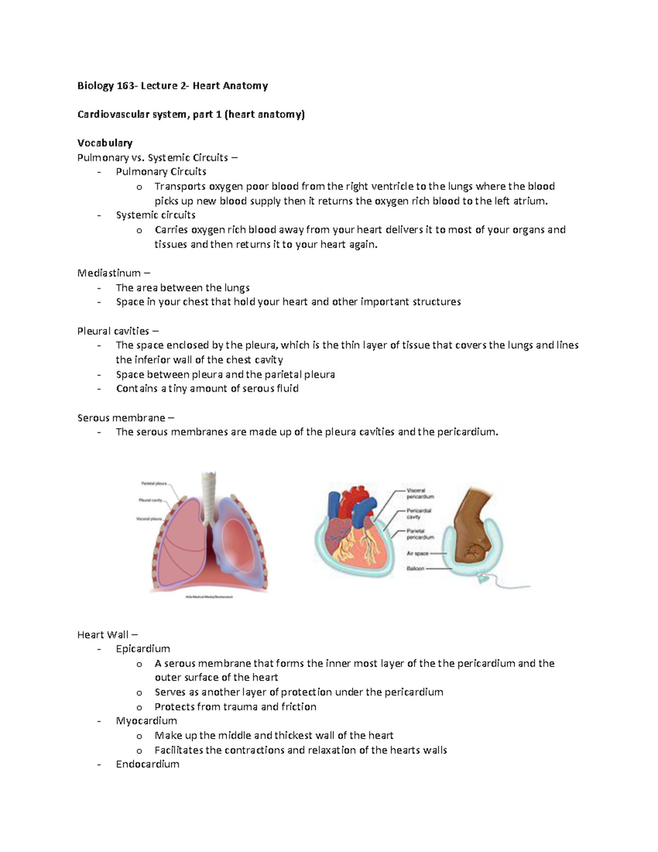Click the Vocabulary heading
(x=105, y=143)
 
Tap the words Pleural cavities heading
(x=114, y=331)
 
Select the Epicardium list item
(x=143, y=649)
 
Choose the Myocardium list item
(x=146, y=721)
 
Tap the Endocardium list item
(x=148, y=764)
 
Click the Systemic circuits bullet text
(x=156, y=215)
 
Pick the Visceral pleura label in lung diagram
(x=149, y=518)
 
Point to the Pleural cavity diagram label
(x=150, y=500)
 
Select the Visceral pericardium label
(x=420, y=493)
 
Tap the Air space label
(x=417, y=554)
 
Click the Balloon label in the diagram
(x=415, y=568)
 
